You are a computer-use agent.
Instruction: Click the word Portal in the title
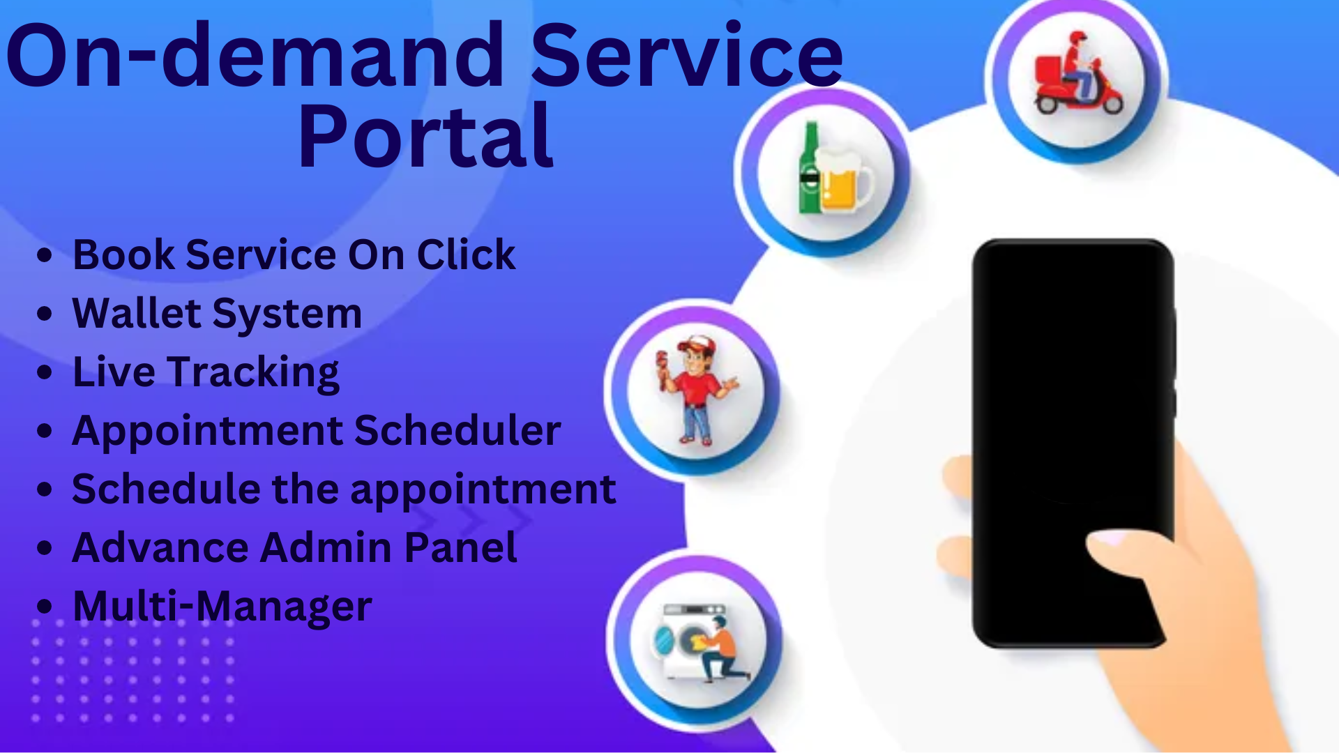click(426, 135)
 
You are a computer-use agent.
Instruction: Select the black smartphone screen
click(1073, 443)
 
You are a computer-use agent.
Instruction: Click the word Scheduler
click(457, 430)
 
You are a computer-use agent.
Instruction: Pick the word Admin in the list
click(326, 547)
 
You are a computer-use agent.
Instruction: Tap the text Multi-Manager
click(222, 607)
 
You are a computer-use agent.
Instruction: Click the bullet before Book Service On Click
click(45, 255)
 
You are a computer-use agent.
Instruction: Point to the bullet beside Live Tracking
click(45, 372)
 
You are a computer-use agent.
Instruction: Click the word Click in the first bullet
click(466, 254)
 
